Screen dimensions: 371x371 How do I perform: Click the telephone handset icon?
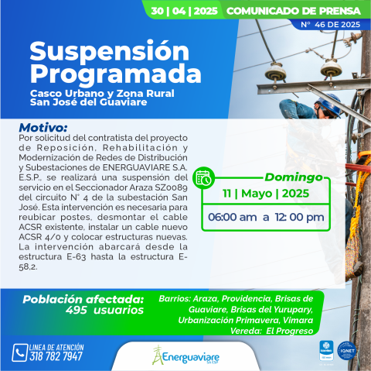tap(20, 352)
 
